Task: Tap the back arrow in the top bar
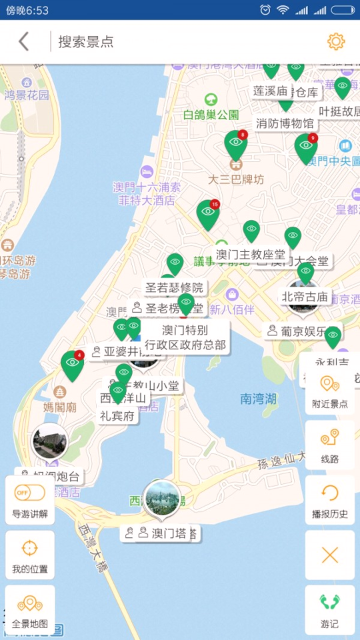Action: (x=24, y=41)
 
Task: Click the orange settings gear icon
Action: (x=336, y=41)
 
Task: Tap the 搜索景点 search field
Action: (x=187, y=41)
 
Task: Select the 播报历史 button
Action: (x=330, y=500)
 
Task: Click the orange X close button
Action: (x=330, y=555)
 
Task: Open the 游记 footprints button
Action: (x=330, y=609)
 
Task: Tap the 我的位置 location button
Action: (x=30, y=555)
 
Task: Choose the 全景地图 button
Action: (x=30, y=609)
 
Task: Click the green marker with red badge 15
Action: (x=208, y=213)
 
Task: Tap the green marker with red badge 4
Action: (x=73, y=364)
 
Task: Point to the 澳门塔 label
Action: (x=169, y=533)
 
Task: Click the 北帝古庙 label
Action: (x=305, y=297)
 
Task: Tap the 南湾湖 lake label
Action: (x=259, y=399)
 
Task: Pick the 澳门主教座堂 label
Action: (x=250, y=255)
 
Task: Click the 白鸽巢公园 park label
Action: (x=211, y=114)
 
